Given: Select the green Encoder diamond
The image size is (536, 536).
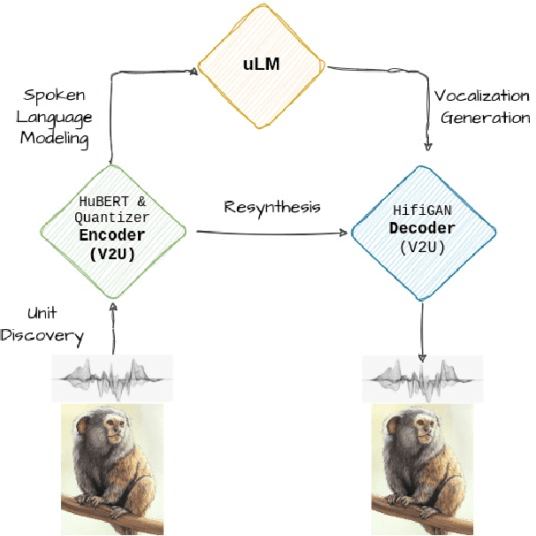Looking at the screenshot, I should pyautogui.click(x=113, y=232).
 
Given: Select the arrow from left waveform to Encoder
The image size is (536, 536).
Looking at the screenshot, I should pyautogui.click(x=113, y=327).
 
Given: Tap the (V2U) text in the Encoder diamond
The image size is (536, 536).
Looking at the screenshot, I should pyautogui.click(x=113, y=255).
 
